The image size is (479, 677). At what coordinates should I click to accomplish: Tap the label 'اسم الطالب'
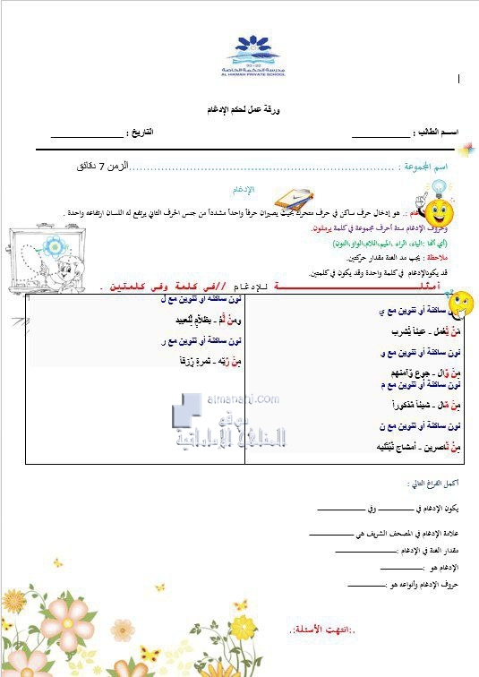pos(437,132)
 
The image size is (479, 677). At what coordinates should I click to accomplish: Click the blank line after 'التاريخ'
pos(85,135)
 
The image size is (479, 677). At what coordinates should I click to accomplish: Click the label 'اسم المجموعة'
pos(424,167)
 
